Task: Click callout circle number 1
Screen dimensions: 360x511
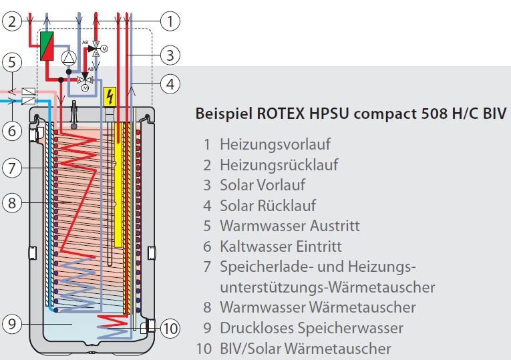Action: click(x=171, y=21)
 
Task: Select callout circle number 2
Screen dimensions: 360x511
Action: click(x=11, y=21)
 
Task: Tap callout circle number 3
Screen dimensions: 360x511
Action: click(x=171, y=54)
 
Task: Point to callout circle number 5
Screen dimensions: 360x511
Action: click(x=11, y=63)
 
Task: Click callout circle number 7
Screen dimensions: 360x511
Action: click(x=11, y=167)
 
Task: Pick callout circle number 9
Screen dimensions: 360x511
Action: click(x=11, y=325)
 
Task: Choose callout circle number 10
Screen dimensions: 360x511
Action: click(x=171, y=328)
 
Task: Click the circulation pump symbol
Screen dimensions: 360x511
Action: click(x=69, y=57)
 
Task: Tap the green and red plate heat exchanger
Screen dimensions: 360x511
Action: click(x=47, y=46)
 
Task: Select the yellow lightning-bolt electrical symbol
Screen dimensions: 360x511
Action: click(x=111, y=97)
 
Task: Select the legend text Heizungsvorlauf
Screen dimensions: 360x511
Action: click(x=275, y=144)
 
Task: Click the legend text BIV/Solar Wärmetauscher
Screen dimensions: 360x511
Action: click(x=305, y=349)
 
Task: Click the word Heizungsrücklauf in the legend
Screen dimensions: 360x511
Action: click(x=279, y=164)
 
